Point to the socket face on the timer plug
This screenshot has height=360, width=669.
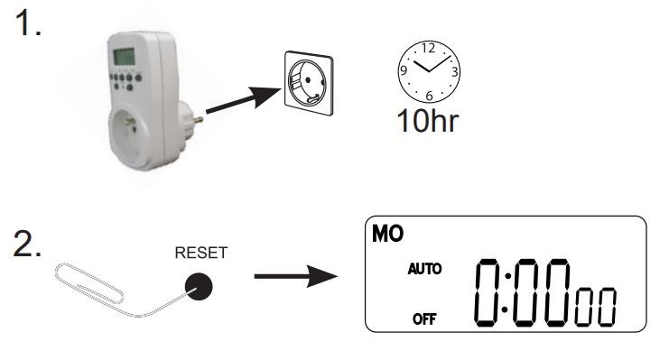(x=136, y=131)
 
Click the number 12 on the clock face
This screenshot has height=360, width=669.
(x=429, y=48)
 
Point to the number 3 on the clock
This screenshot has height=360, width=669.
(x=454, y=71)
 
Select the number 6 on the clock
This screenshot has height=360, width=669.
(x=430, y=95)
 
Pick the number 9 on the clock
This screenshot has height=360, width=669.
(x=404, y=69)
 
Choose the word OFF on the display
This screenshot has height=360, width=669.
(x=421, y=318)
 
